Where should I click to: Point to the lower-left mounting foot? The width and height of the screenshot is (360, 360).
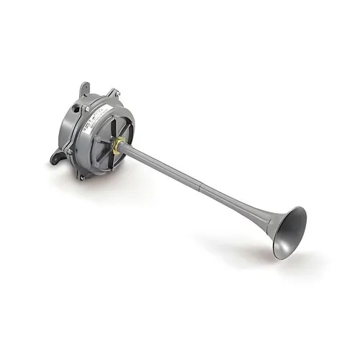(x=55, y=156)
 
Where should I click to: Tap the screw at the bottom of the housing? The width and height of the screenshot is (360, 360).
(x=83, y=176)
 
